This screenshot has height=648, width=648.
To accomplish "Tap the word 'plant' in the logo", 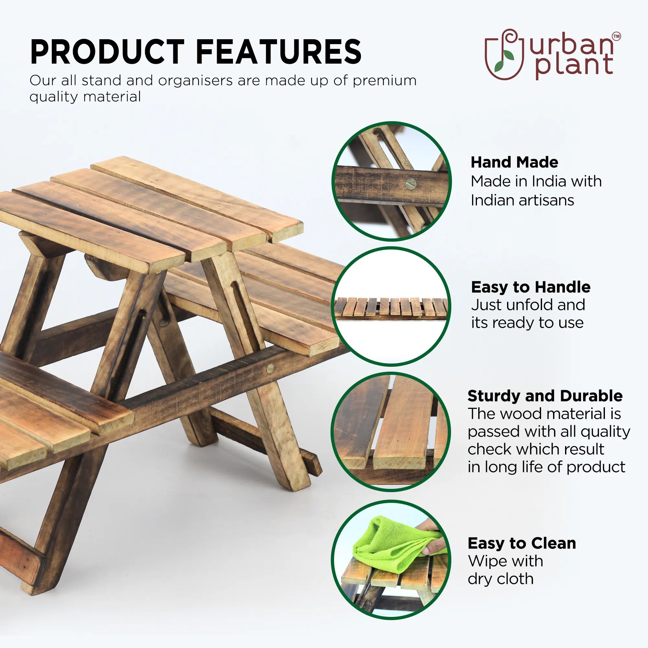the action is tap(574, 65).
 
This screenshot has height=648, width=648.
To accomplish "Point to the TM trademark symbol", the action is tap(617, 36).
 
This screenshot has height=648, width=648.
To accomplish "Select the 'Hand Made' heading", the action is tap(514, 162).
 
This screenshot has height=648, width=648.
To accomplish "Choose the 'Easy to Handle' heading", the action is tap(531, 287).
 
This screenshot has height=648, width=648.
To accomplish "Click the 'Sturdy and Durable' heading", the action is tap(545, 396).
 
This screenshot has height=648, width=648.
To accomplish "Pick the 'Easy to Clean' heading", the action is tap(522, 543).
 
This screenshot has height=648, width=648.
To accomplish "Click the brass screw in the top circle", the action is tap(411, 183).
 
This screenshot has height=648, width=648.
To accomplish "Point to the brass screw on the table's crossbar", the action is tap(270, 369).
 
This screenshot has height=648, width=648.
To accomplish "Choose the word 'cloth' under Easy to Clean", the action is tap(515, 579).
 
